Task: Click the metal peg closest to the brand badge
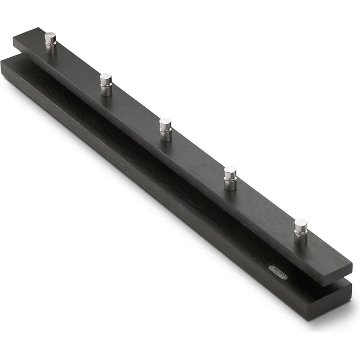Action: click(x=301, y=231)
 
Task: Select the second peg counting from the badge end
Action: click(x=230, y=178)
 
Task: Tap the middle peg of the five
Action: click(x=165, y=129)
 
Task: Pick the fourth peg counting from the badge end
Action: click(x=106, y=84)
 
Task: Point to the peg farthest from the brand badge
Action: click(x=51, y=42)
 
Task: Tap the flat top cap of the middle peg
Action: click(x=165, y=122)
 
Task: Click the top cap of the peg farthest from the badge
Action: click(x=51, y=36)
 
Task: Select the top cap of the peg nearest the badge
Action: click(x=301, y=223)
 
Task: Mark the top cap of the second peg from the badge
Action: click(x=231, y=171)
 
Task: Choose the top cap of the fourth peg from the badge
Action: click(x=106, y=78)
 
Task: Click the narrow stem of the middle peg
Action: click(x=165, y=135)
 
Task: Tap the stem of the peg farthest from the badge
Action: click(x=51, y=48)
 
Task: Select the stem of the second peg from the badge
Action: click(x=230, y=184)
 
